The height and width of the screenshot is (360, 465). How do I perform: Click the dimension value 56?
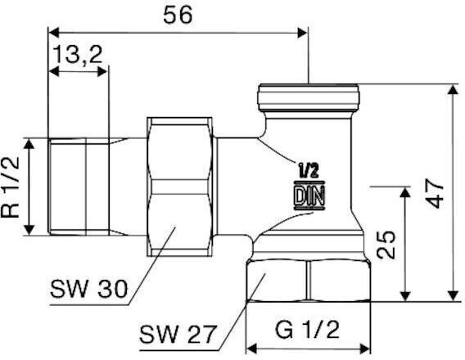(x=178, y=16)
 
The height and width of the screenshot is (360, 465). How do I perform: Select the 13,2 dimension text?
(x=78, y=55)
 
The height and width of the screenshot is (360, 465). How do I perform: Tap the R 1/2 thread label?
(x=11, y=187)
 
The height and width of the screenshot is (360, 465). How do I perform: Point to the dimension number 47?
(x=435, y=193)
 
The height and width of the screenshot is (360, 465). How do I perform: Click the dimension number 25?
(x=386, y=245)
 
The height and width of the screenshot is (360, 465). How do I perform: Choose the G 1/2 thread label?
(x=307, y=330)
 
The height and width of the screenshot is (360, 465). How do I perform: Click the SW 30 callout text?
(x=88, y=289)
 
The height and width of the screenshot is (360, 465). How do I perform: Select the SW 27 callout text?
(x=177, y=334)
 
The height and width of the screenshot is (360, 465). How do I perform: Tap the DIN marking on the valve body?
(x=309, y=196)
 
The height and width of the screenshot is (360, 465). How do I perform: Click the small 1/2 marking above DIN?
(x=309, y=171)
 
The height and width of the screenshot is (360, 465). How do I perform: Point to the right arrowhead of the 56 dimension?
(x=302, y=33)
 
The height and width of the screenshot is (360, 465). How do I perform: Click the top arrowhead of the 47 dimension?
(x=453, y=89)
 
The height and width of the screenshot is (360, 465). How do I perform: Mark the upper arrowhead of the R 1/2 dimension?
(x=29, y=144)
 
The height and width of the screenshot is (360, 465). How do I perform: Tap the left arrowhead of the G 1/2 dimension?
(x=251, y=349)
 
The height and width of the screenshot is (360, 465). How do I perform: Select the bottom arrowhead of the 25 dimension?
(x=405, y=296)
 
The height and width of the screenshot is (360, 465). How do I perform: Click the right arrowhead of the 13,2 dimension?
(x=102, y=71)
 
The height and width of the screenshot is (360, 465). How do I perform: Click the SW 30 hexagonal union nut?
(x=180, y=187)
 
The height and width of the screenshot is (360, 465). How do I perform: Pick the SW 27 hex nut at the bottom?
(x=309, y=281)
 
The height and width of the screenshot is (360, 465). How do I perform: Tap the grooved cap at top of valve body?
(x=309, y=97)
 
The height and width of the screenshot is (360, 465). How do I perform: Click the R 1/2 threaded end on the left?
(x=79, y=187)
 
